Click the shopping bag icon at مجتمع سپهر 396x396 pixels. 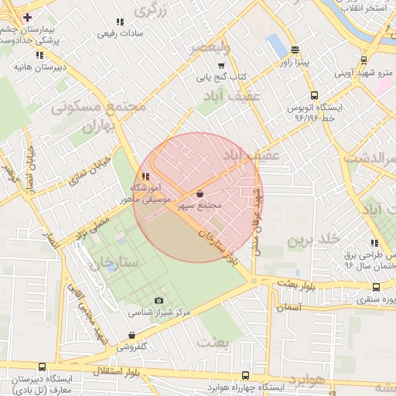pos(201,194)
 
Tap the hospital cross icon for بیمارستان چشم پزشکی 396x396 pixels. pos(28,17)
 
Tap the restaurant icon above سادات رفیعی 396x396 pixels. pos(119,22)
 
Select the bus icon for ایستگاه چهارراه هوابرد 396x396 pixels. pos(246,375)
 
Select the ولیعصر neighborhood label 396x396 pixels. pos(210,47)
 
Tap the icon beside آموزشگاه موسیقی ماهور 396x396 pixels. pos(145,176)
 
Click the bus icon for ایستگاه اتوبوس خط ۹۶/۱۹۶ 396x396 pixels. pos(314,96)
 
